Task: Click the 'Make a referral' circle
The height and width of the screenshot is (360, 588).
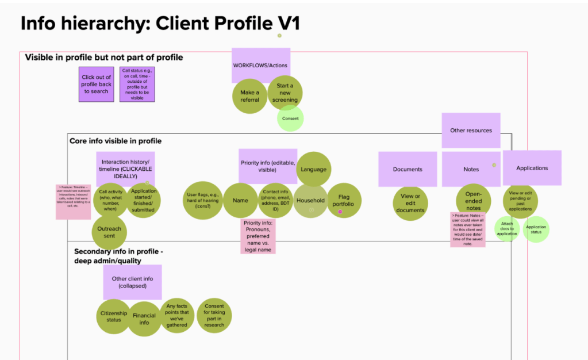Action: tap(249, 96)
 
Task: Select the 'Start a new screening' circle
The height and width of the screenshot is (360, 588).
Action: tap(285, 93)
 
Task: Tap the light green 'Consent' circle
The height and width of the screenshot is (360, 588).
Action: tap(290, 118)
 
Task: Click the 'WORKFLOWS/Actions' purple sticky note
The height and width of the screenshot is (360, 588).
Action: tap(260, 65)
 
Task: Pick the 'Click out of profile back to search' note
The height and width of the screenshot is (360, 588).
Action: tap(96, 85)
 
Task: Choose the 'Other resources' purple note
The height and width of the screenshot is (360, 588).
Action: tap(471, 131)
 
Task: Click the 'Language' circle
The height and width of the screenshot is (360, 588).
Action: tap(313, 169)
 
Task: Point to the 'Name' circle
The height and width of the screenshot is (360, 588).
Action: tap(240, 201)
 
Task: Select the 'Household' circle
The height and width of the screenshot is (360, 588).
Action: tap(310, 201)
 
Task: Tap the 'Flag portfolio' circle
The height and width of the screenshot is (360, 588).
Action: tap(344, 201)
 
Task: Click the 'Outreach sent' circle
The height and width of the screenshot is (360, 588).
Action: tap(109, 232)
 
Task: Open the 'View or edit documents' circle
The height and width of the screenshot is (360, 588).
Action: tap(410, 203)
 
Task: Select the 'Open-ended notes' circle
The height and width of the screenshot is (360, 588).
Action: tap(474, 201)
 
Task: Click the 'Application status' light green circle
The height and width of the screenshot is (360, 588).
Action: tap(536, 230)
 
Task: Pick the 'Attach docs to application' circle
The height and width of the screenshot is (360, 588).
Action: tap(507, 229)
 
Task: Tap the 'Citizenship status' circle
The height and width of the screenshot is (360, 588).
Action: tap(114, 316)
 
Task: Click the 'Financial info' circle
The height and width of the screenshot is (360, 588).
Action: tap(144, 319)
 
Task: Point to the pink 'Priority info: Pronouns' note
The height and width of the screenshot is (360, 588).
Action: tap(258, 236)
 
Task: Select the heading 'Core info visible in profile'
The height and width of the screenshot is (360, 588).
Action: tap(116, 141)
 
